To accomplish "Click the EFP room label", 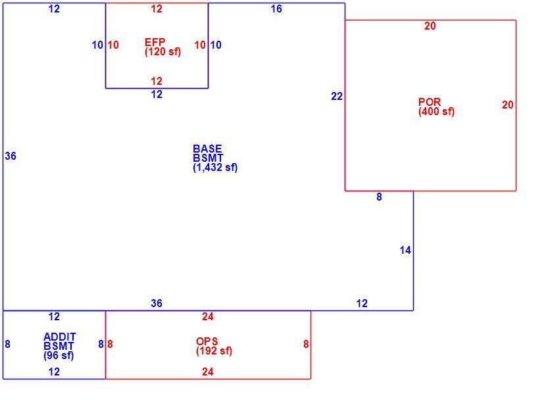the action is click(155, 42).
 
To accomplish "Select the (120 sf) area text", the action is click(163, 52).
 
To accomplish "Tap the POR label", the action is click(430, 102).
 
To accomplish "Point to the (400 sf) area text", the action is click(437, 112).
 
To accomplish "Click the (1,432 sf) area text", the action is click(215, 168).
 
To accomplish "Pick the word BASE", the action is click(207, 149).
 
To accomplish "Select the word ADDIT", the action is click(60, 337).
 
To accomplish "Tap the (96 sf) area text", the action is click(59, 356).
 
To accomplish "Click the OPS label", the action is click(207, 341).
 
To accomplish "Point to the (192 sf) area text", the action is click(214, 351).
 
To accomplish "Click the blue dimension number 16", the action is click(276, 9).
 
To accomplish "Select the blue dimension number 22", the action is click(337, 97).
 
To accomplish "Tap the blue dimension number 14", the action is click(405, 251).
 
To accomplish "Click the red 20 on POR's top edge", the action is click(430, 26).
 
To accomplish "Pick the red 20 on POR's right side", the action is click(508, 105).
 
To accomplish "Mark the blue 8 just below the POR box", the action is click(379, 197).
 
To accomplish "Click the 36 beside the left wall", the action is click(11, 156).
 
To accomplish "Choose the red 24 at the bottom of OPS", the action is click(208, 372).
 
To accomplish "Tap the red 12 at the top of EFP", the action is click(157, 9).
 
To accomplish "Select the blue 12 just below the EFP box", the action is click(157, 94).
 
